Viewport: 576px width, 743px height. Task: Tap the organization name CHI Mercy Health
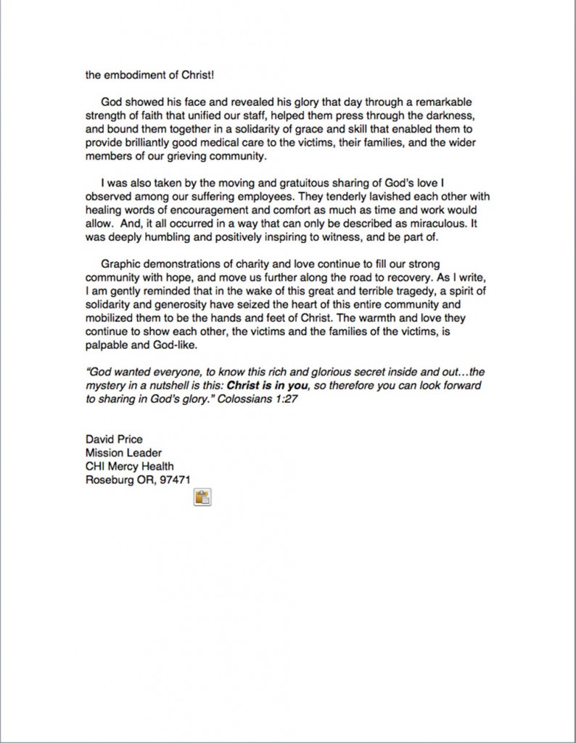click(129, 466)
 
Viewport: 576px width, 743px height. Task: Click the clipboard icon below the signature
click(202, 497)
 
